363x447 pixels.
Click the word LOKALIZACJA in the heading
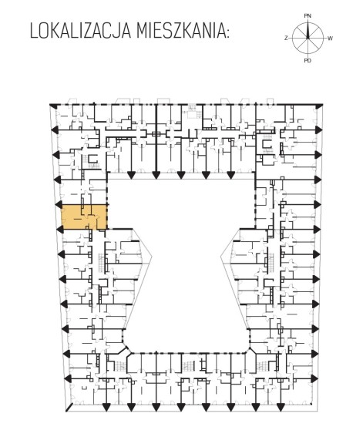tap(81, 31)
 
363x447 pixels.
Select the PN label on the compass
tap(308, 16)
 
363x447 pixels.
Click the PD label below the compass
tap(308, 60)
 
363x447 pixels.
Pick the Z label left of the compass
tap(286, 38)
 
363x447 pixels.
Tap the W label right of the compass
tap(330, 39)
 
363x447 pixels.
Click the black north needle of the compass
tap(308, 30)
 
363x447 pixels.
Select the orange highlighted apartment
tap(85, 217)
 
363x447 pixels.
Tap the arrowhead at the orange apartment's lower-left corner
tap(60, 229)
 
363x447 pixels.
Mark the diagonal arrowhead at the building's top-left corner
tap(52, 106)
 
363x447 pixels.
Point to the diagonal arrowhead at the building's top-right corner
tap(319, 106)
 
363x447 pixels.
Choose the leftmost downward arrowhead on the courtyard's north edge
tap(131, 175)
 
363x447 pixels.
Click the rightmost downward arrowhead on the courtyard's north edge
tap(230, 175)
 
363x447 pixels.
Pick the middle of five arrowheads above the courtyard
tap(181, 175)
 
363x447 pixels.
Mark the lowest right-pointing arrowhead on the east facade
tap(314, 378)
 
